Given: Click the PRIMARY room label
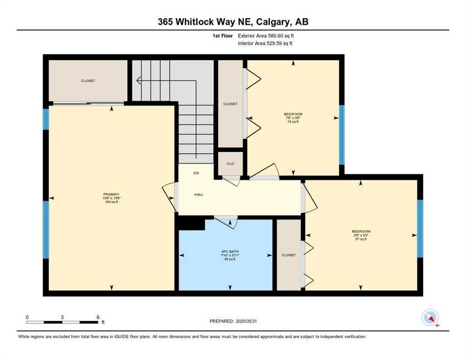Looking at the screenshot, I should pos(112,195).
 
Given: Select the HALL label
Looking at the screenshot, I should pos(199,195).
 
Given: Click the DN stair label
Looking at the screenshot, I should pos(196,173).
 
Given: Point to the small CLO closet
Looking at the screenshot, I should pos(230,164).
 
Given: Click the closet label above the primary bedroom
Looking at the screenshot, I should pos(88,81).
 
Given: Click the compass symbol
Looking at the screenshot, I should pos(430,317).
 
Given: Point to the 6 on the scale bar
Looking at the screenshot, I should pos(98,317).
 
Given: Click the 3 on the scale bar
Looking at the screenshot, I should pos(62,317).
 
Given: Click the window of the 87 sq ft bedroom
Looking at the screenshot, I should pos(420,228).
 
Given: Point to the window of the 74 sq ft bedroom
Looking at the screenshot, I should pos(342,135).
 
